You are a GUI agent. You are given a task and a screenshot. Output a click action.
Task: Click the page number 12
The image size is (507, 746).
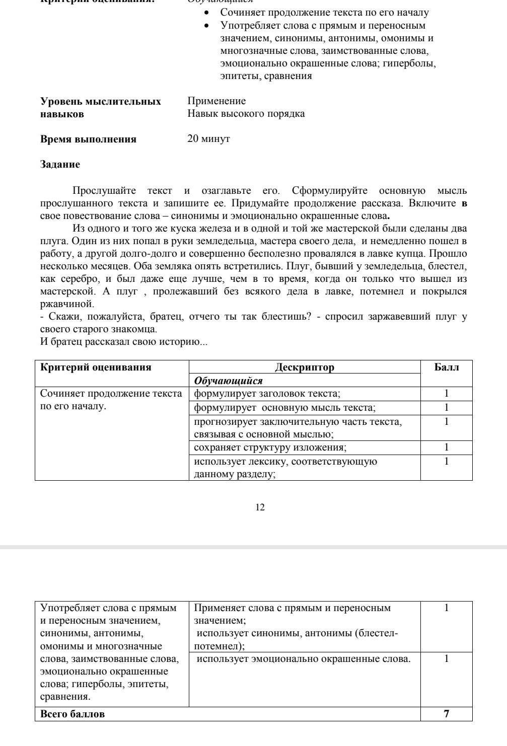pyautogui.click(x=260, y=507)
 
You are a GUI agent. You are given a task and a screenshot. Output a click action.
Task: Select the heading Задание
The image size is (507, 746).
pyautogui.click(x=60, y=165)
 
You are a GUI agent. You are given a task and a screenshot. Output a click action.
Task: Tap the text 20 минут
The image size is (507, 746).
pyautogui.click(x=208, y=139)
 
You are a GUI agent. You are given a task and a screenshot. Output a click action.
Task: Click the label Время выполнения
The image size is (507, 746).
pyautogui.click(x=88, y=139)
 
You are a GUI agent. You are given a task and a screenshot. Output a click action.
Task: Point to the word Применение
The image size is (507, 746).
pyautogui.click(x=216, y=101)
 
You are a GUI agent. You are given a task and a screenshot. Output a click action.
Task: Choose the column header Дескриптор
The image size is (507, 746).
pyautogui.click(x=305, y=367)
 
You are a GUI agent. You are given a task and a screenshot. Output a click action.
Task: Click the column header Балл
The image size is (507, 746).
pyautogui.click(x=446, y=367)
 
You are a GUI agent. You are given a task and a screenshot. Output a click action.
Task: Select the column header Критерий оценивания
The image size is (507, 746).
pyautogui.click(x=96, y=367)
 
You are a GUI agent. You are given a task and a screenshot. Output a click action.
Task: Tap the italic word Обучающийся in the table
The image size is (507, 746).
pyautogui.click(x=229, y=381)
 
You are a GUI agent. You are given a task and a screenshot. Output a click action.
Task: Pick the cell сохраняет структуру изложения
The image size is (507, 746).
pyautogui.click(x=270, y=447)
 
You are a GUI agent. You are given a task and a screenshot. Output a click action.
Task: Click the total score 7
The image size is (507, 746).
pyautogui.click(x=446, y=713)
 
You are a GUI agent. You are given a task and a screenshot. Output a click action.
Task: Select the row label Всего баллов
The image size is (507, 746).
pyautogui.click(x=73, y=714)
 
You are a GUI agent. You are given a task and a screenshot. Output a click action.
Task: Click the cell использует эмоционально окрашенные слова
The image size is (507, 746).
pyautogui.click(x=304, y=659)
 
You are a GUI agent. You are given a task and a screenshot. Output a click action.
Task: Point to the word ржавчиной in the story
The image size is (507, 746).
pyautogui.click(x=67, y=304)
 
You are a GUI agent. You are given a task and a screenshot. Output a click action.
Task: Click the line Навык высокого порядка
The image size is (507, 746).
pyautogui.click(x=246, y=114)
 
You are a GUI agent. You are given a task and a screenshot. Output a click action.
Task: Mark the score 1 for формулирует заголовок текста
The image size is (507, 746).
pyautogui.click(x=446, y=394)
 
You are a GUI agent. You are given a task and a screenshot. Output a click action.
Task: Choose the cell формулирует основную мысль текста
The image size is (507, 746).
pyautogui.click(x=285, y=408)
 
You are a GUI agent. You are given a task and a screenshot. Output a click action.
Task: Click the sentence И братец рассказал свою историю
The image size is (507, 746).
pyautogui.click(x=123, y=342)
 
